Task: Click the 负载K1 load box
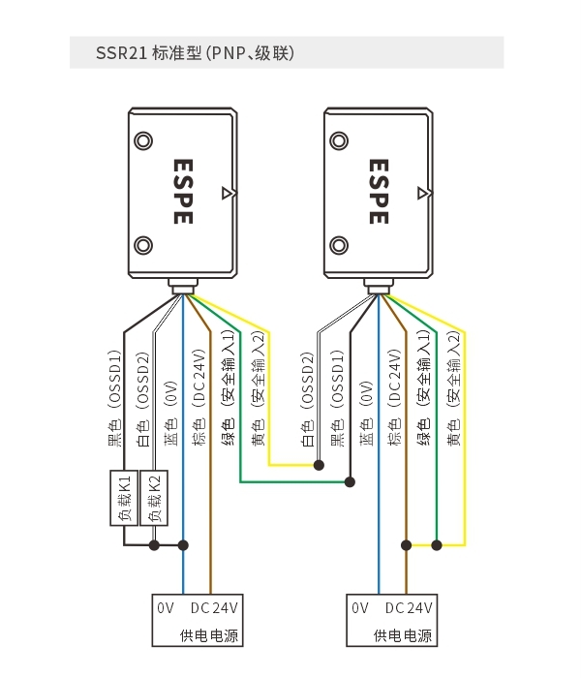coord(124,498)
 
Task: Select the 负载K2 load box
coord(154,498)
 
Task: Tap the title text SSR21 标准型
coord(149,53)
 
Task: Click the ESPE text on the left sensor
coord(183,192)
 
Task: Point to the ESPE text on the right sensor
coord(379,192)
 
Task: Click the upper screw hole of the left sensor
coord(143,141)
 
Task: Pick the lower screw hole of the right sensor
coord(339,246)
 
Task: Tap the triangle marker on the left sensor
coord(228,194)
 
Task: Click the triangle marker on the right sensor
coord(423,194)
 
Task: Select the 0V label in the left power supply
coord(166,608)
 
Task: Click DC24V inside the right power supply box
coord(409,608)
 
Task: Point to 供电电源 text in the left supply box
coord(209,635)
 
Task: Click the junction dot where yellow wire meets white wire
coord(319,465)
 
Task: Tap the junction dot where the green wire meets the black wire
coord(351,481)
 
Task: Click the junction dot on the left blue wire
coord(183,545)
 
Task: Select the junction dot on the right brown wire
coord(406,545)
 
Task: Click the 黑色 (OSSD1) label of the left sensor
coord(114,398)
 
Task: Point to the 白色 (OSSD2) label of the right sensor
coord(307,399)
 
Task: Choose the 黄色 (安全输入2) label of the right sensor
coord(453,387)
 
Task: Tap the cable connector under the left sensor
coord(183,287)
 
